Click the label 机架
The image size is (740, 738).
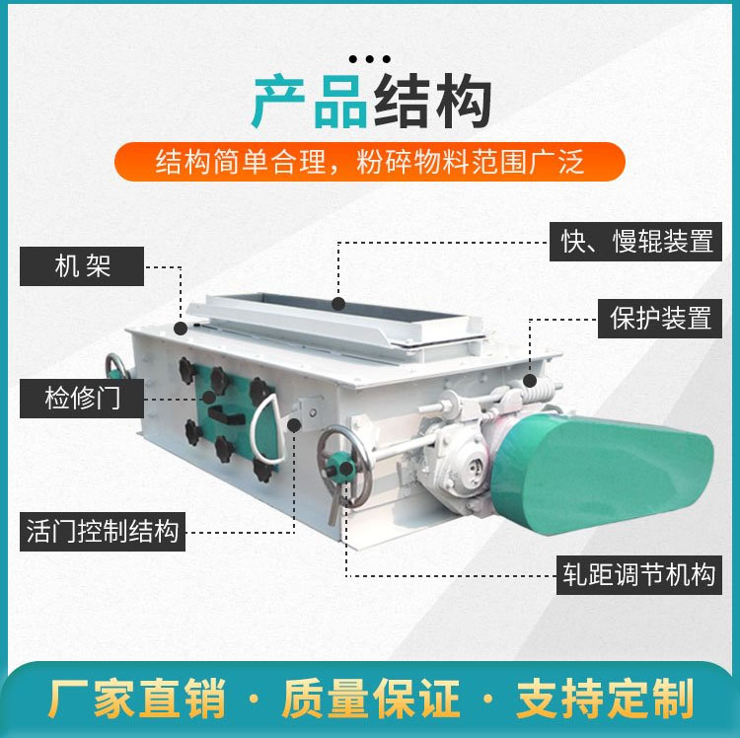82,266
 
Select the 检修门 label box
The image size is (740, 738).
82,399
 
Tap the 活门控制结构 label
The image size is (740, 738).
103,532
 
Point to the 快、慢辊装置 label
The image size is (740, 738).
635,242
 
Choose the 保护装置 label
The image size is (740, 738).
660,318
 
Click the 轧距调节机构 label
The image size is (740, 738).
639,575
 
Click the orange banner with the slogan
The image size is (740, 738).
370,162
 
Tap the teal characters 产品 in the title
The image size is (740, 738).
310,102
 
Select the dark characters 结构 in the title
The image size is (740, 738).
432,102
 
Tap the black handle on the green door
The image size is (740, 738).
227,415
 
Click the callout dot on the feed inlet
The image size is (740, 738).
337,304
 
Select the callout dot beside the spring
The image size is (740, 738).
530,380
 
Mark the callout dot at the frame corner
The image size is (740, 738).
181,329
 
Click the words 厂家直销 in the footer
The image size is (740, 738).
137,699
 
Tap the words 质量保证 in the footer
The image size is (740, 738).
371,699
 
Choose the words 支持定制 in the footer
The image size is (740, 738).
606,699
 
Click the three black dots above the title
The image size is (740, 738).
370,59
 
